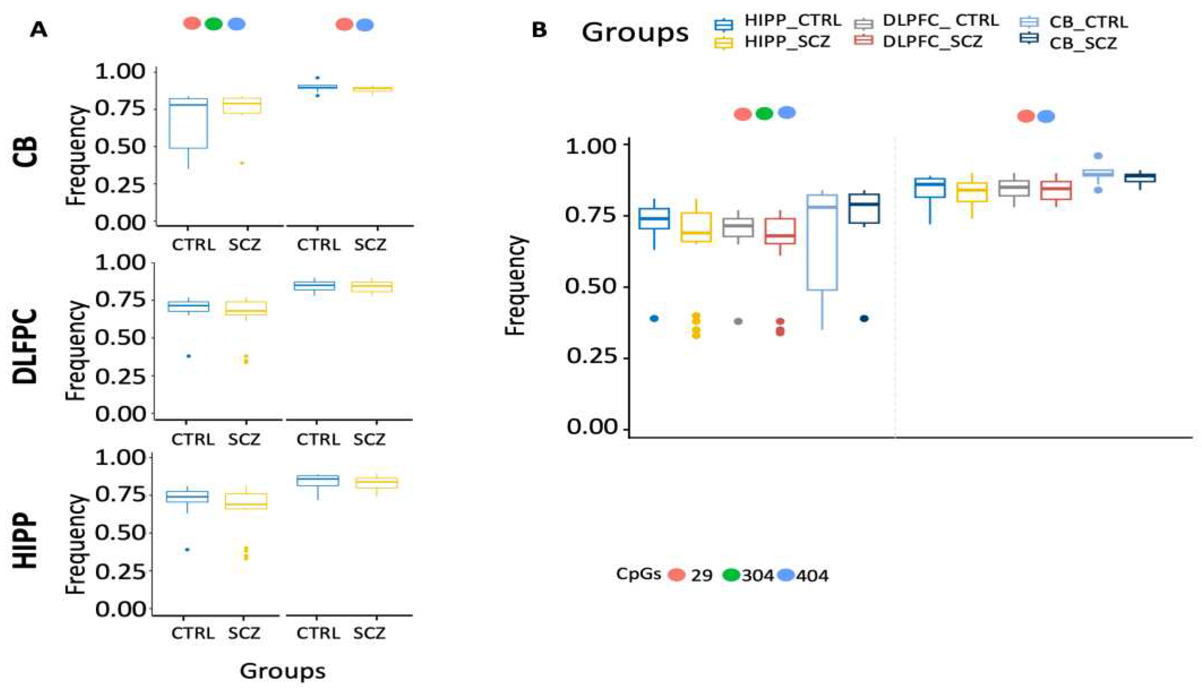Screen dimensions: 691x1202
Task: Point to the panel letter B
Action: point(539,31)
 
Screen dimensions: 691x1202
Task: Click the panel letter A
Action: point(38,31)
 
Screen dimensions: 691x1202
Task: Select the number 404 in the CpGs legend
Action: point(812,576)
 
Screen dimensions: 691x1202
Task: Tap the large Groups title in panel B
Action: point(635,33)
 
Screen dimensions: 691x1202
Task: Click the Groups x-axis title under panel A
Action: point(282,671)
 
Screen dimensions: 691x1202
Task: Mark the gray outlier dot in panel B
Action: point(738,321)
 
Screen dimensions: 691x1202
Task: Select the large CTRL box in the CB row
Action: point(189,124)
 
